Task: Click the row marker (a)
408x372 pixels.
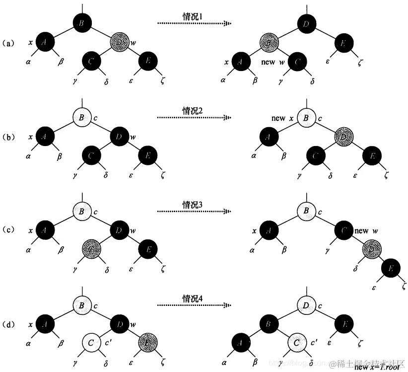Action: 10,43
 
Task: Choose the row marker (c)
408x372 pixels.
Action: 10,231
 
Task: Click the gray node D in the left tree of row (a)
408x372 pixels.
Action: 119,43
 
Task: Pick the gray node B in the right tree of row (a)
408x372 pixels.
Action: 269,43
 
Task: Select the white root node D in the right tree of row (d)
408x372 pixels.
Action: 306,304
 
